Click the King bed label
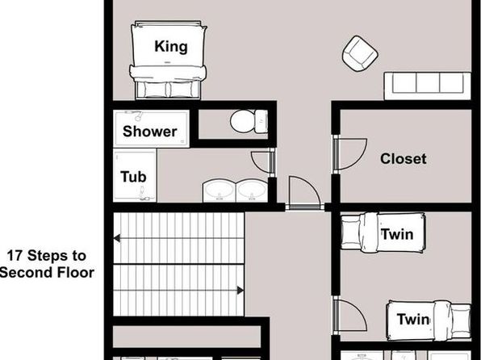171,47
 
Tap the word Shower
149,132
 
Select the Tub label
133,177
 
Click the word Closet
403,159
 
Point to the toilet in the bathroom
249,121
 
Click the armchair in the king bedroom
360,54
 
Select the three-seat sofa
427,86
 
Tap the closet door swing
350,154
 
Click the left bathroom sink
219,190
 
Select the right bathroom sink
252,190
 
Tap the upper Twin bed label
397,234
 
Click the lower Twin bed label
413,320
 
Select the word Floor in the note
76,273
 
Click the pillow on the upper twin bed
350,232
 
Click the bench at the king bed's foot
168,90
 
